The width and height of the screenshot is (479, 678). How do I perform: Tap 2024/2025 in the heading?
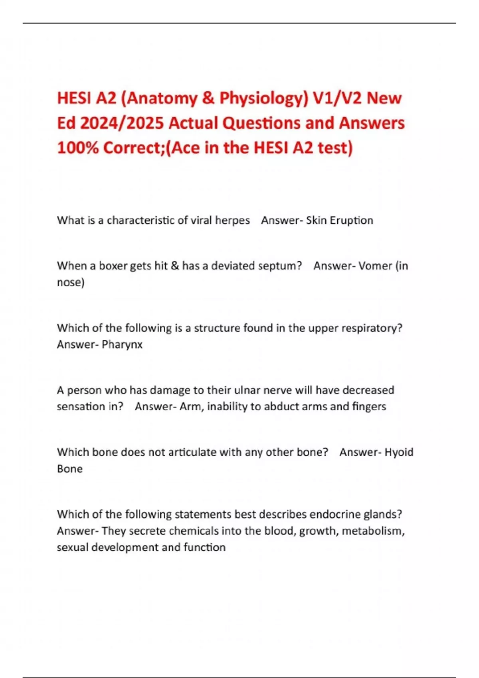122,123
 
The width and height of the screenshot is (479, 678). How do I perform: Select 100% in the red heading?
78,148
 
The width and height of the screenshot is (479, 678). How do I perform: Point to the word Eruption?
350,221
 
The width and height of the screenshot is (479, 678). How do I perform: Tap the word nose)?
71,283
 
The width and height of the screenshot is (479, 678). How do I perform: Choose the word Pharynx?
122,345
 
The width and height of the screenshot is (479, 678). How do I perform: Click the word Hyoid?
398,452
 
